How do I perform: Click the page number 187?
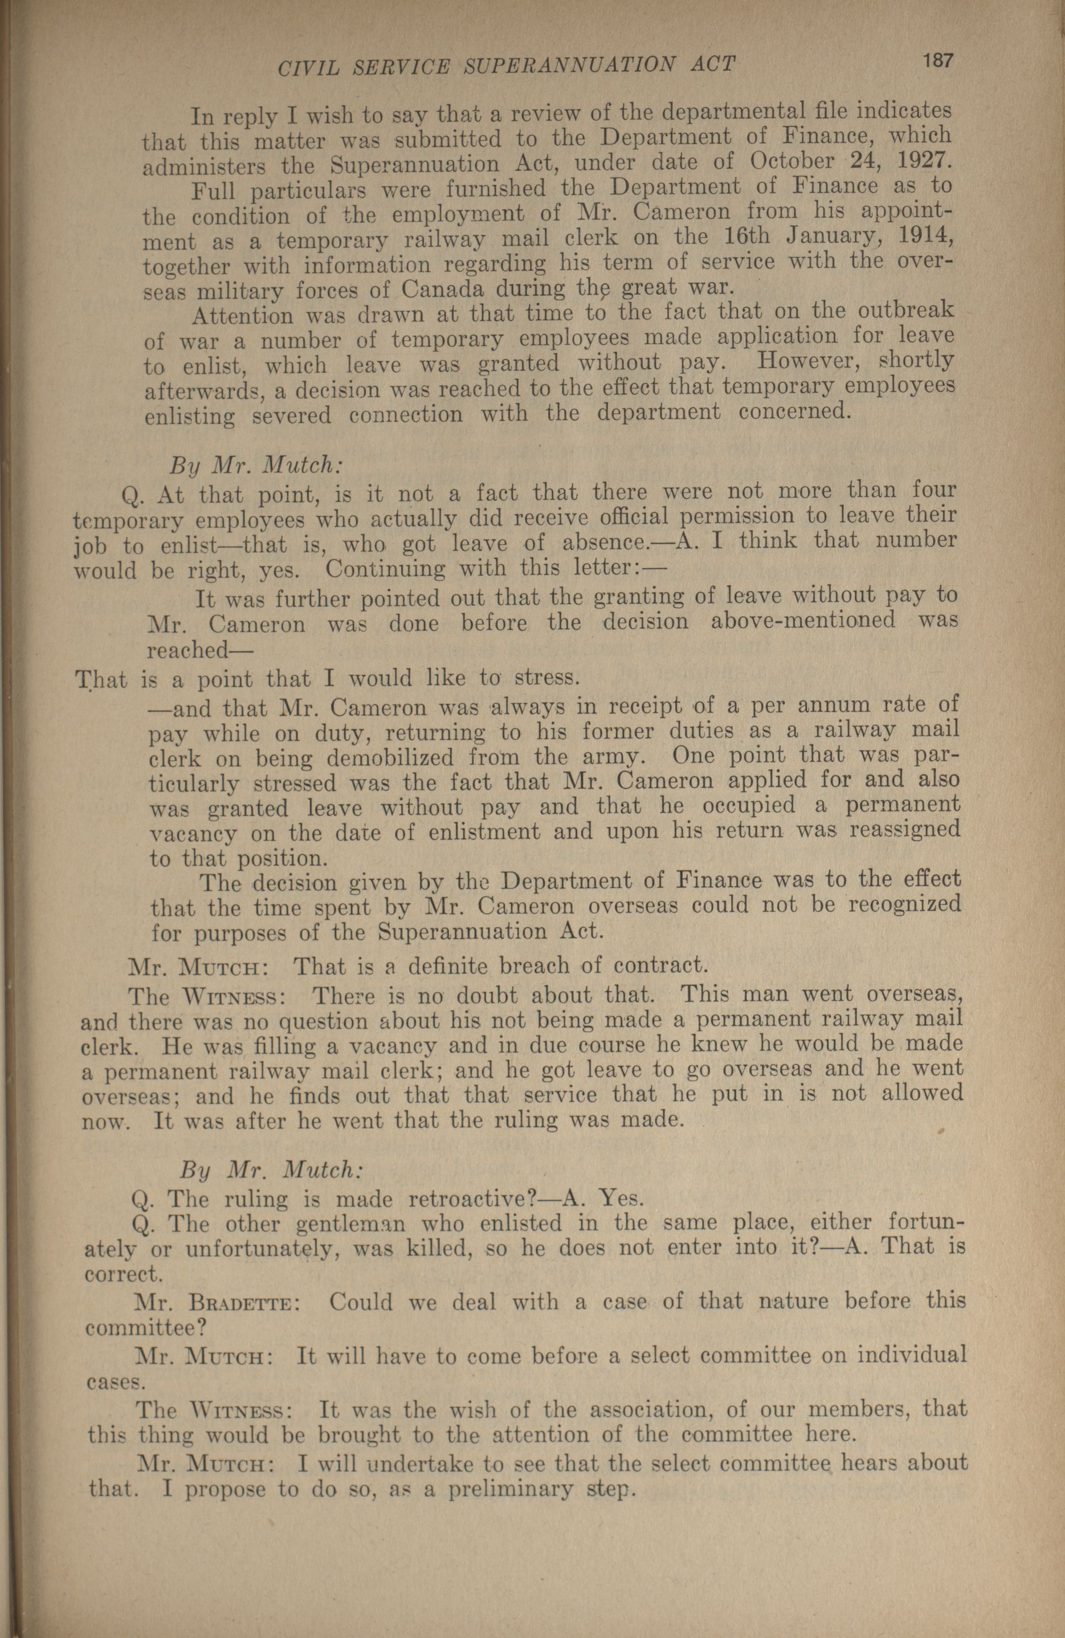click(938, 60)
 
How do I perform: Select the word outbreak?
click(906, 309)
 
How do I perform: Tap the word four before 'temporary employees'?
click(933, 490)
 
